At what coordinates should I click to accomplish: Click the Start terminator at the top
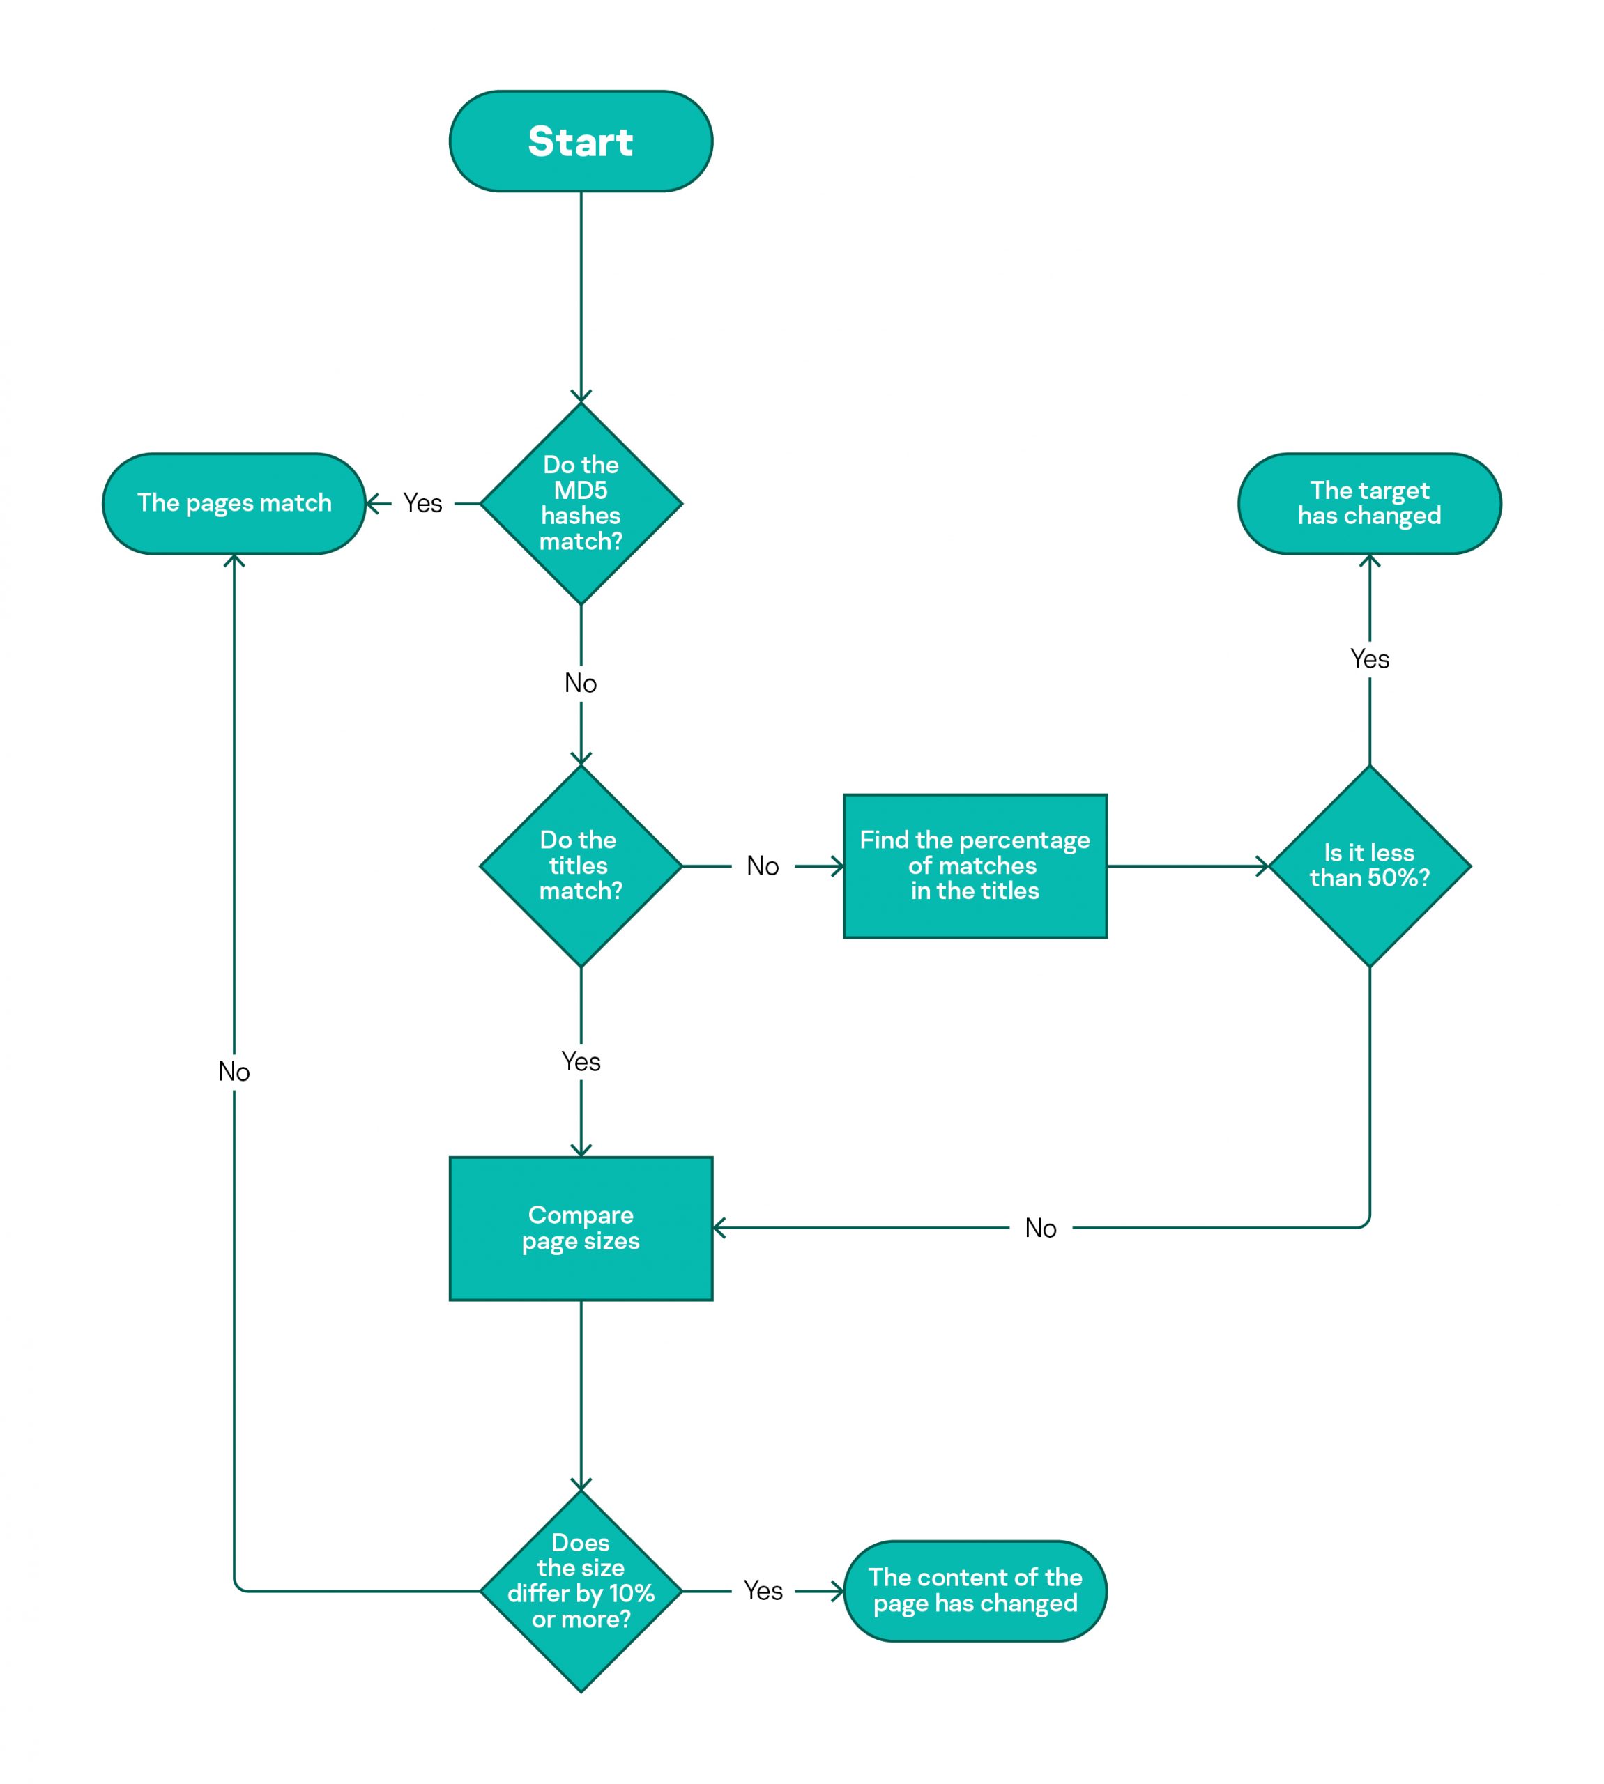coord(581,141)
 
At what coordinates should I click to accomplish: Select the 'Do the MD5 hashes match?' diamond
coord(581,503)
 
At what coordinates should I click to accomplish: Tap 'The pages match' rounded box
coord(234,503)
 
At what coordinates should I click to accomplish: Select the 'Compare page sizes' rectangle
coord(581,1228)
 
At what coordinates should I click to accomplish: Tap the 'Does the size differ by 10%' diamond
coord(581,1591)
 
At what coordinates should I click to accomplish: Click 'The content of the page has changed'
coord(975,1591)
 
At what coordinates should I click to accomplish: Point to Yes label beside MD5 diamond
coord(422,503)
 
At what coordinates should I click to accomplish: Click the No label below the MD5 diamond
coord(581,683)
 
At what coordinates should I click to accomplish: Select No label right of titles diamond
coord(763,866)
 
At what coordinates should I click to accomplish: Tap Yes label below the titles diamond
coord(581,1061)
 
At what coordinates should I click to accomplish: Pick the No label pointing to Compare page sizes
coord(1040,1228)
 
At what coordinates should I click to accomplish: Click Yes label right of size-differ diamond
coord(763,1591)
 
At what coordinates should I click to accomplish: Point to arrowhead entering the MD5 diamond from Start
coord(581,397)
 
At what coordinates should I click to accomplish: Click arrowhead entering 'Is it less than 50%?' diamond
coord(1263,866)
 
